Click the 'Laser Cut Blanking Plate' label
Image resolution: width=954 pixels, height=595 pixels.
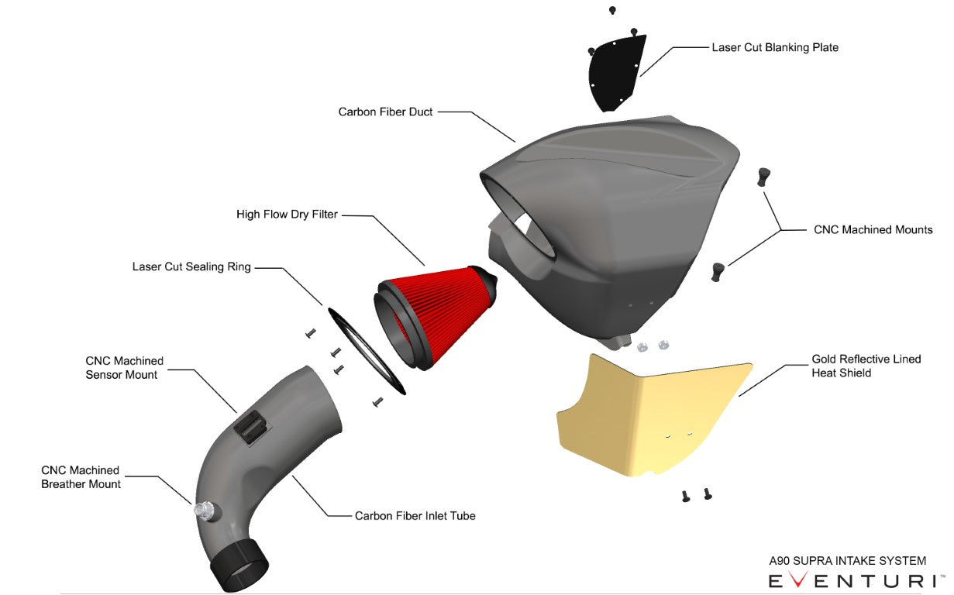pos(774,47)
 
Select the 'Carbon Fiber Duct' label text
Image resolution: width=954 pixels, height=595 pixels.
pos(385,112)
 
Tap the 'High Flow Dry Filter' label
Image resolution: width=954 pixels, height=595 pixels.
pos(287,214)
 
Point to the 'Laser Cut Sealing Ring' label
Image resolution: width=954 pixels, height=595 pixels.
pos(191,267)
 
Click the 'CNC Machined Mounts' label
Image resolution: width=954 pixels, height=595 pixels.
pos(873,229)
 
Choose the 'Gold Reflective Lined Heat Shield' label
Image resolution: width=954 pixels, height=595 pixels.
pos(866,366)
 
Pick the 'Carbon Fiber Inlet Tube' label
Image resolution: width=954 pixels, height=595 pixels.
pos(415,515)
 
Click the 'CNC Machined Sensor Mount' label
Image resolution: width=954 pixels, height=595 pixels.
pos(124,367)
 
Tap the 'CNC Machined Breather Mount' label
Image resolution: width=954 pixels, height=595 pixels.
pos(81,476)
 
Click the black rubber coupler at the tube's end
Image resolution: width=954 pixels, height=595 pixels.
pos(239,564)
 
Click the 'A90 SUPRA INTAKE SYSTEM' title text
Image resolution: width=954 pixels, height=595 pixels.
pos(847,561)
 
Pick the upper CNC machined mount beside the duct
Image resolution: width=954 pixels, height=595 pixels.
pos(764,176)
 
